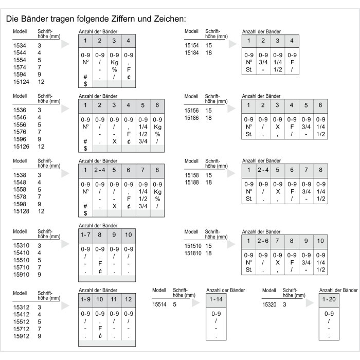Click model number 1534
[19, 46]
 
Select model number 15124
[21, 81]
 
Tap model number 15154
[192, 46]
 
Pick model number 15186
[192, 118]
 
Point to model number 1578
[19, 196]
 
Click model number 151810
[193, 253]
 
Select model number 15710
[21, 267]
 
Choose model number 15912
[21, 336]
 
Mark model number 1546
[19, 118]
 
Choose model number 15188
[192, 182]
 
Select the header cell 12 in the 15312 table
[129, 299]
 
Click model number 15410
[21, 253]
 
